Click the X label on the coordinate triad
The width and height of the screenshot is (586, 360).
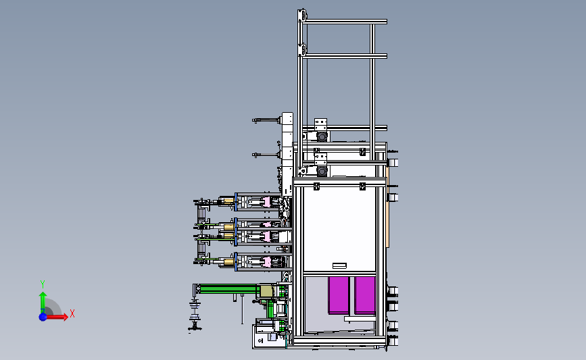coord(72,313)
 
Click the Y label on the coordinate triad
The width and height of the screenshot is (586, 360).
coord(43,284)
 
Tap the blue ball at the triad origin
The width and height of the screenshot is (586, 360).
coord(43,317)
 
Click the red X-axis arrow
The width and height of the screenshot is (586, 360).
coord(57,317)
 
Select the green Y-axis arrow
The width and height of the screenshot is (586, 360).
coord(43,303)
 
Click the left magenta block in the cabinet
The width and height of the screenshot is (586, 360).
coord(339,295)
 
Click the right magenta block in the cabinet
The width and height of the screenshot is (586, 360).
coord(365,295)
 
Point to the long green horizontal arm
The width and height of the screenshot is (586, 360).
coord(228,288)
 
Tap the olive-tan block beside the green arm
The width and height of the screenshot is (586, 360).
coord(266,291)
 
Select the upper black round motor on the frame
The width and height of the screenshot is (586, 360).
coord(322,136)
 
